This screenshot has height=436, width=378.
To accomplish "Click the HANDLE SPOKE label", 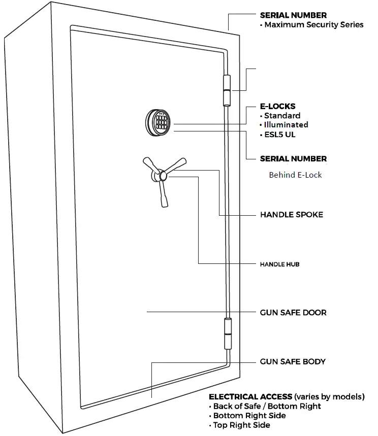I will (291, 215).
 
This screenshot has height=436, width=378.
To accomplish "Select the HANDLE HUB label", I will (282, 264).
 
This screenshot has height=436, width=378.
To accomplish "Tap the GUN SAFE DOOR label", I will (293, 312).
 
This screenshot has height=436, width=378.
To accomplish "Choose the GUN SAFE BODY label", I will (293, 362).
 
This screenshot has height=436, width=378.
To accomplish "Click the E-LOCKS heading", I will (277, 107).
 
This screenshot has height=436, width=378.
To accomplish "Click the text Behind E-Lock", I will (295, 175).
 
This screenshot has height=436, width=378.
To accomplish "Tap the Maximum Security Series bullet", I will (312, 25).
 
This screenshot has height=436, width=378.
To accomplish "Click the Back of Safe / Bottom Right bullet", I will (265, 406).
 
